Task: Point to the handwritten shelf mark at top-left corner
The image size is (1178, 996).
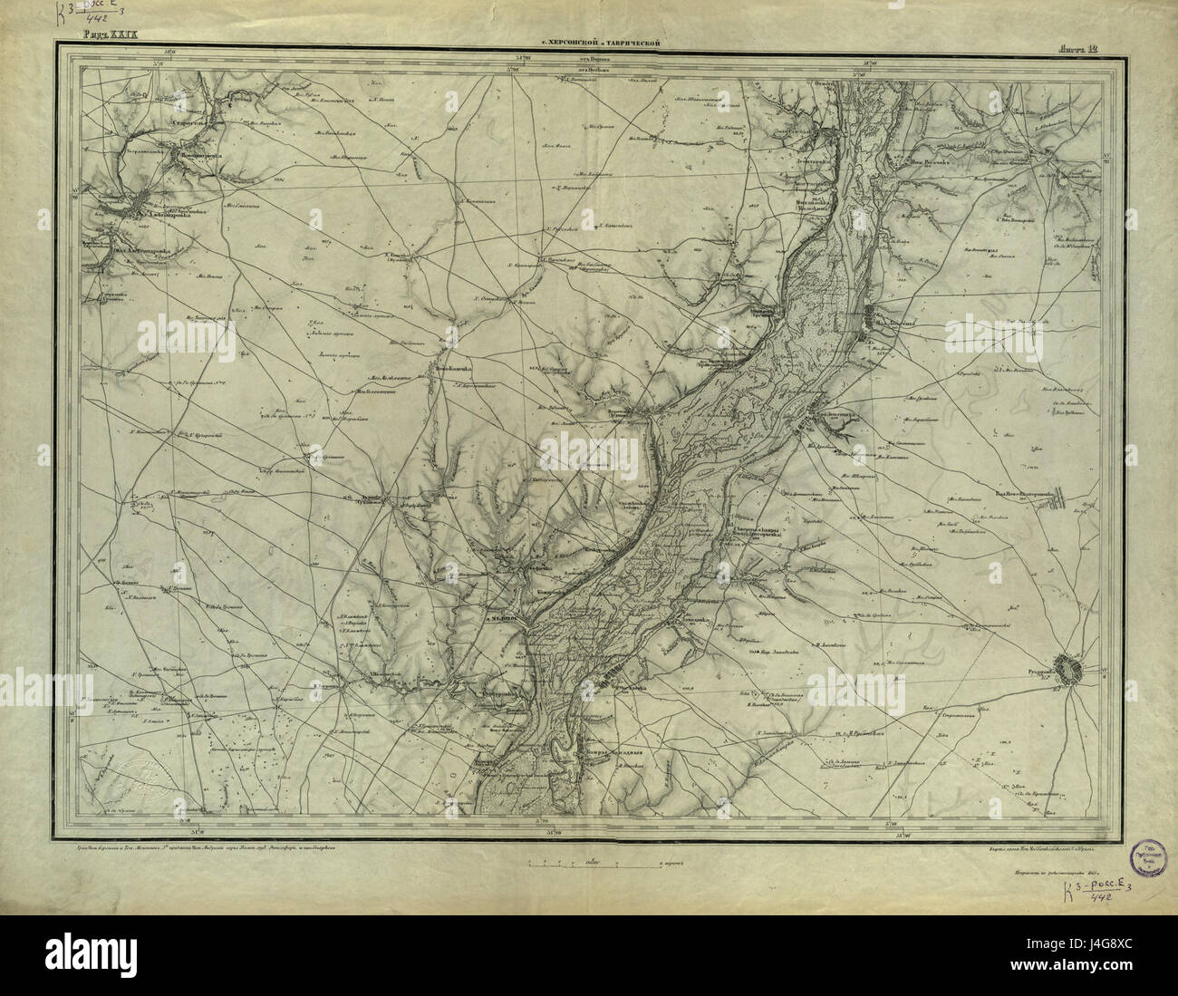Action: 100,14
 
